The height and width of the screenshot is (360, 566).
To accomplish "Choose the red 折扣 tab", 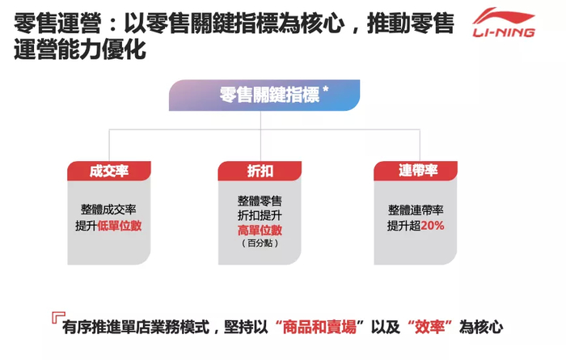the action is pyautogui.click(x=260, y=171).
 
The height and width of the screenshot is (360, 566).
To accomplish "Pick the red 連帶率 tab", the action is pyautogui.click(x=417, y=171).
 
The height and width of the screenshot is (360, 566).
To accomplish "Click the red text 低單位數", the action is pyautogui.click(x=120, y=226).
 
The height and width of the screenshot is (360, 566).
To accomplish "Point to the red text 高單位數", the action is pyautogui.click(x=260, y=229).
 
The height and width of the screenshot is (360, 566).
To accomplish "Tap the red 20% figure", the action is pyautogui.click(x=432, y=226).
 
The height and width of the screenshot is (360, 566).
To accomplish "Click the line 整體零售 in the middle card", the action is pyautogui.click(x=260, y=199).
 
